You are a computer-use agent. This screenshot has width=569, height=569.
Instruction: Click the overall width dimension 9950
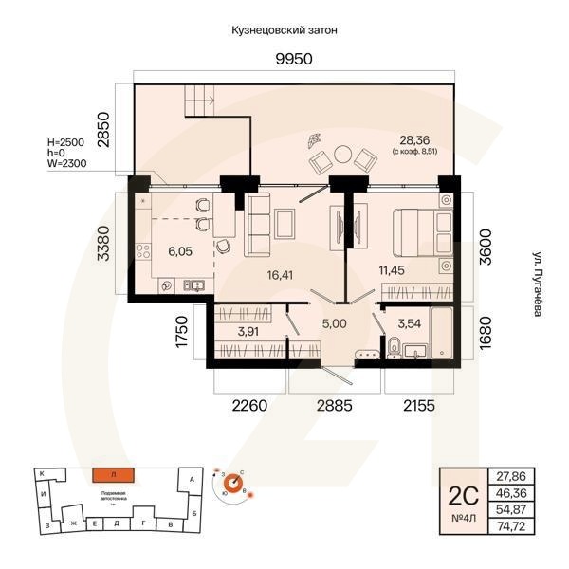(293, 59)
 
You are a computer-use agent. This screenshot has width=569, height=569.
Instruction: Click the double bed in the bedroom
(419, 230)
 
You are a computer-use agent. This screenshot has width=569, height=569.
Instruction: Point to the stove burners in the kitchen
(145, 251)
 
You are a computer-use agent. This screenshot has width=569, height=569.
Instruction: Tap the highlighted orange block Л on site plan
(112, 474)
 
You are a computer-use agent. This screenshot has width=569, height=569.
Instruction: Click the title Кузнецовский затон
(284, 30)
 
